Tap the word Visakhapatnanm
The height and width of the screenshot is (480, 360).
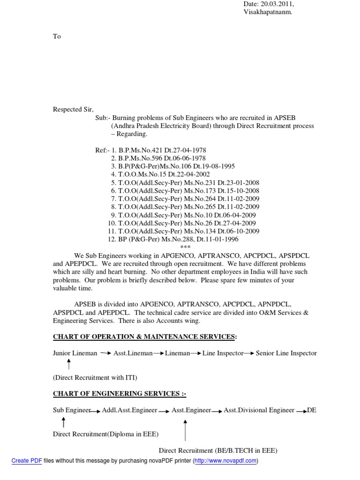(268, 13)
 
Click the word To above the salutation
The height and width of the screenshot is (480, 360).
(57, 37)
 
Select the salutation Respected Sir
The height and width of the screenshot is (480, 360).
(73, 109)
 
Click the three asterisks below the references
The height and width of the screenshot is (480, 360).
(186, 247)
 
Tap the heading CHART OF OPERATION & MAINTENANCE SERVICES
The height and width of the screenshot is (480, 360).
(143, 337)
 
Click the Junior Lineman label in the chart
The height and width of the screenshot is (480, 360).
(75, 353)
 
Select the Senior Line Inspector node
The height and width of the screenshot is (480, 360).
(286, 353)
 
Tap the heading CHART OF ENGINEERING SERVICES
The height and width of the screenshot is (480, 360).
(119, 394)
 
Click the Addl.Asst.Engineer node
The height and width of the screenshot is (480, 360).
(129, 411)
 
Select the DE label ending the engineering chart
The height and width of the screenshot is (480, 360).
(312, 411)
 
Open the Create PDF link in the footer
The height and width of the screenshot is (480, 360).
(27, 461)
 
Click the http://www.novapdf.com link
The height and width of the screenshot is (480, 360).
(225, 461)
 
